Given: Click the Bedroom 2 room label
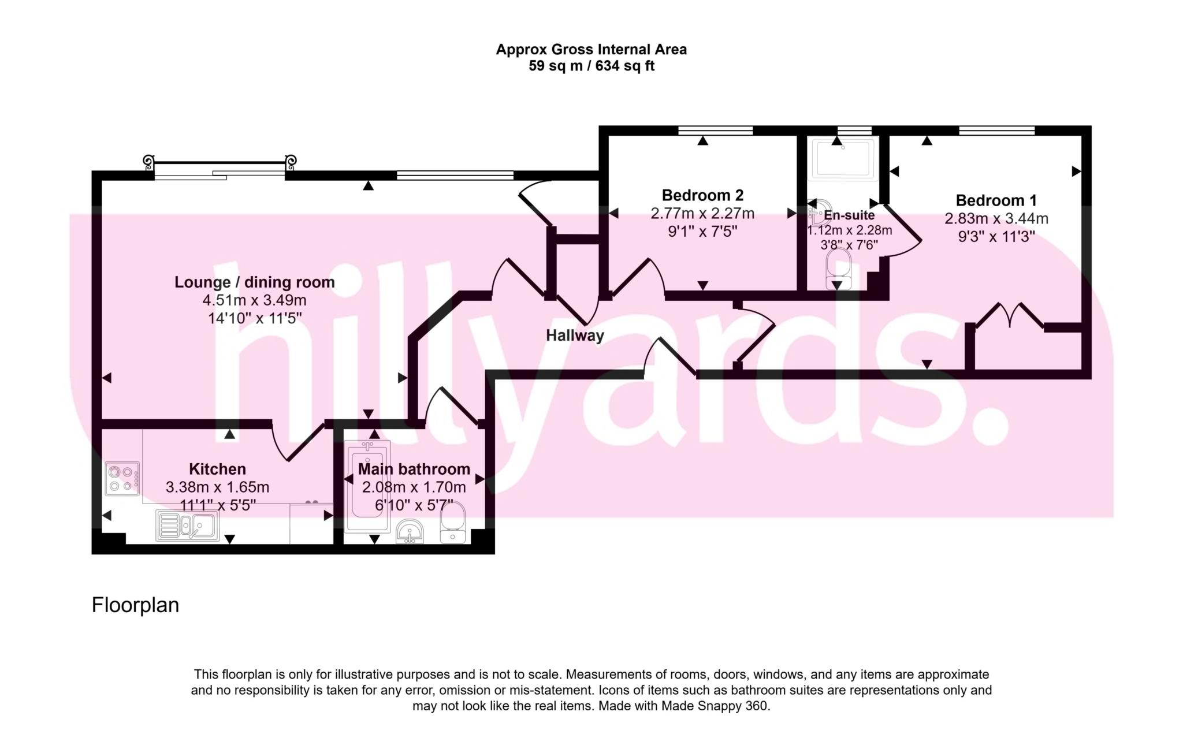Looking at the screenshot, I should pos(702,195).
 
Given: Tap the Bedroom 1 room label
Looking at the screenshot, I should pos(996,200).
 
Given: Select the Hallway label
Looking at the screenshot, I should pos(575,336).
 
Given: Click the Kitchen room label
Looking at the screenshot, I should pos(217,469).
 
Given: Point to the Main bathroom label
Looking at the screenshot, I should pos(414,469).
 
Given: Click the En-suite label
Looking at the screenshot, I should pos(849,215).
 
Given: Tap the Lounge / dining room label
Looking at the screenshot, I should pos(254,282).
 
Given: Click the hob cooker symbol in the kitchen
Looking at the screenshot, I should pos(122,479).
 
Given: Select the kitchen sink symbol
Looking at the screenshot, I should pos(187,526).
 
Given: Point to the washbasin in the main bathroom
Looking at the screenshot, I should pos(410,532).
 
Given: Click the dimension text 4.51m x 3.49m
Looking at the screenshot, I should pos(254,300).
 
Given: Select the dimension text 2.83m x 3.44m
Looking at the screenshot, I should pos(996,219).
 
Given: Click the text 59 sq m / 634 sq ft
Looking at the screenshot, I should pos(591,66).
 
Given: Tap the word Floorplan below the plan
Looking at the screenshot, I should pos(135,605).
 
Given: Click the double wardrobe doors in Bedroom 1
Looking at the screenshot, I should pos(1009,316).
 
